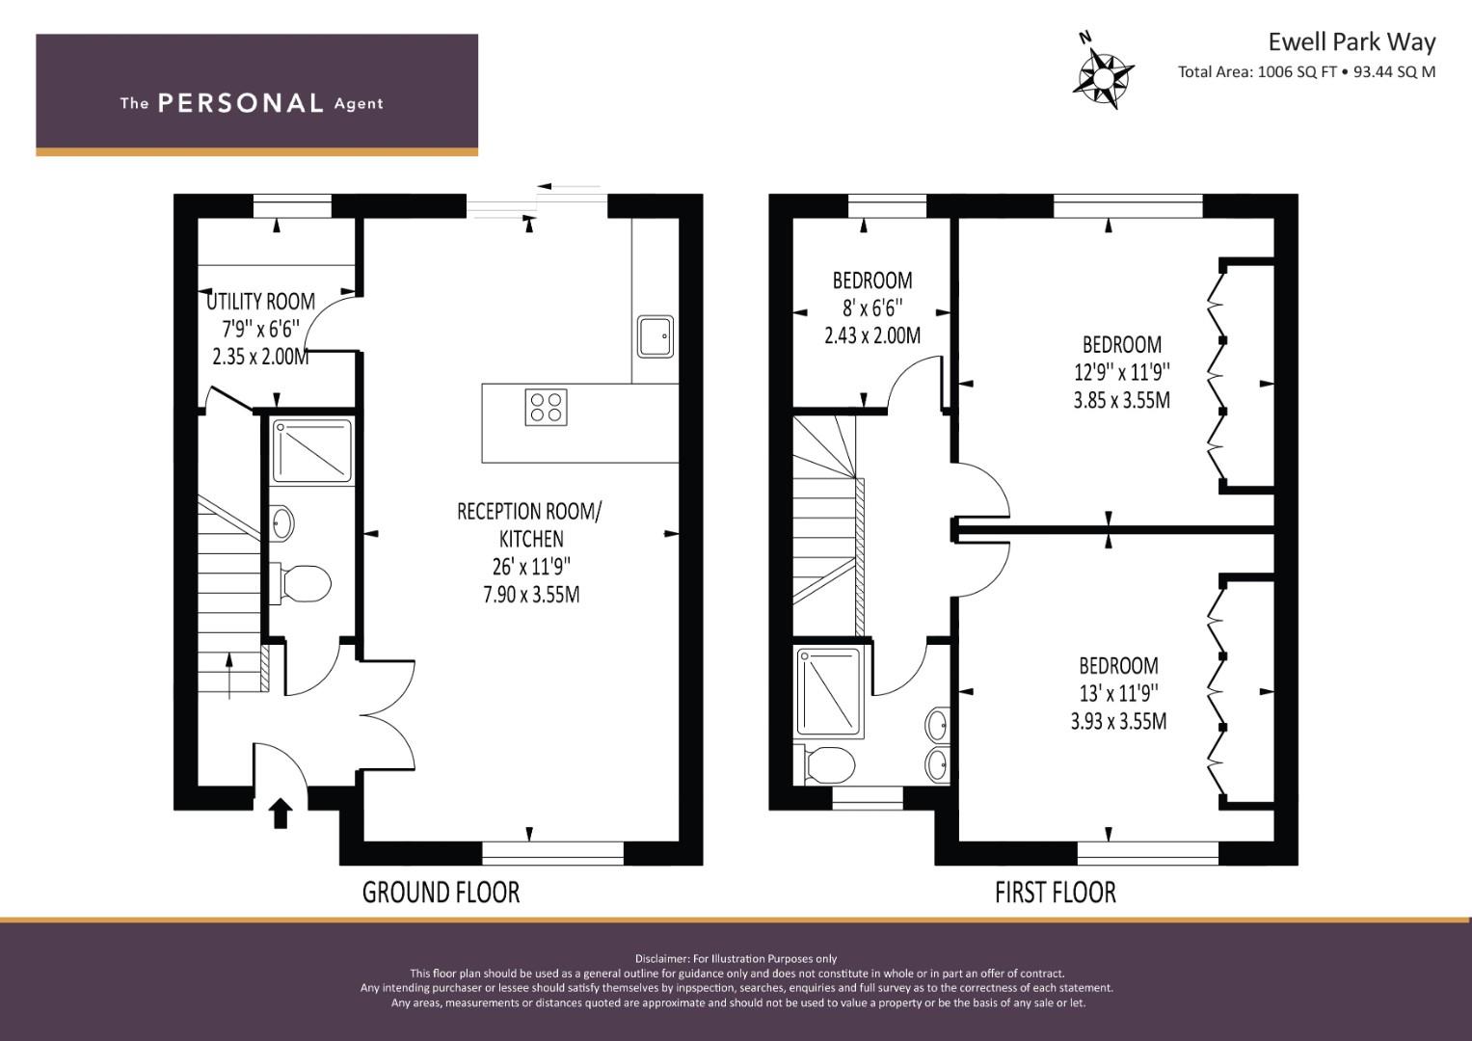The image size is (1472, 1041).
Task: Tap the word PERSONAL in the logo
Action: [x=241, y=103]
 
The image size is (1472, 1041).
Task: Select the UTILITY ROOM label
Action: [x=261, y=302]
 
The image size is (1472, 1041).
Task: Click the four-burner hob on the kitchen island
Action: [x=546, y=408]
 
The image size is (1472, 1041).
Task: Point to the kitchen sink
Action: [x=656, y=336]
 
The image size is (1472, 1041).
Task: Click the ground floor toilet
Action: [x=301, y=583]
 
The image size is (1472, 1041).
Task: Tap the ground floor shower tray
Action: [x=312, y=451]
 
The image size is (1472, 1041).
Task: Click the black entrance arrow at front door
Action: [x=281, y=813]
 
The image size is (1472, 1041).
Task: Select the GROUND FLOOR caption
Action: [x=441, y=893]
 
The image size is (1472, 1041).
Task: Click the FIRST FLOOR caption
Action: [x=1056, y=893]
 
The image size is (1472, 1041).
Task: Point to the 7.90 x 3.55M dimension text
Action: [x=531, y=595]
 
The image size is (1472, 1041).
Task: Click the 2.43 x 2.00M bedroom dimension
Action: [x=872, y=335]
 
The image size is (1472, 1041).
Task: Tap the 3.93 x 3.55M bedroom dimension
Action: [x=1119, y=722]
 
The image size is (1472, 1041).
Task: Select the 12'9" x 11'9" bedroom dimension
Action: [x=1122, y=373]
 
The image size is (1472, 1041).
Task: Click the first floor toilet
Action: [x=825, y=765]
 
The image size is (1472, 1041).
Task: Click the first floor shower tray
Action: [x=829, y=692]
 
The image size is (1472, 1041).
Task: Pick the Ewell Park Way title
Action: [x=1352, y=42]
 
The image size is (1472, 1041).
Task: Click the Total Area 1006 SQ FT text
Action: [x=1257, y=72]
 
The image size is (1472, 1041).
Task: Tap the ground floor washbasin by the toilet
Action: [x=281, y=523]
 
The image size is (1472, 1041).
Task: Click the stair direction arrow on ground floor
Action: [x=228, y=675]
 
